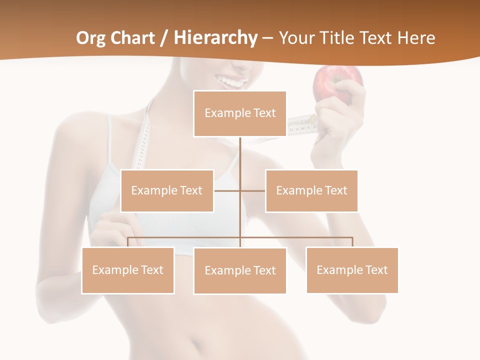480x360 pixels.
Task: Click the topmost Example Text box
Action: click(x=240, y=113)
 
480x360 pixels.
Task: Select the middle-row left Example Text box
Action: click(x=167, y=190)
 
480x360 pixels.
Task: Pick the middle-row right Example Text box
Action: click(x=311, y=190)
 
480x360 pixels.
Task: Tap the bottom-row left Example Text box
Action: click(x=128, y=270)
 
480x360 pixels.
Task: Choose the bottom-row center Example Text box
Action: click(x=240, y=270)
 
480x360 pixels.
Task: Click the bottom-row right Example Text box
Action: click(x=352, y=270)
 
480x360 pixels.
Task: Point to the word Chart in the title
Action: click(x=133, y=38)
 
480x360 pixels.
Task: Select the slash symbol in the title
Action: click(x=163, y=38)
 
